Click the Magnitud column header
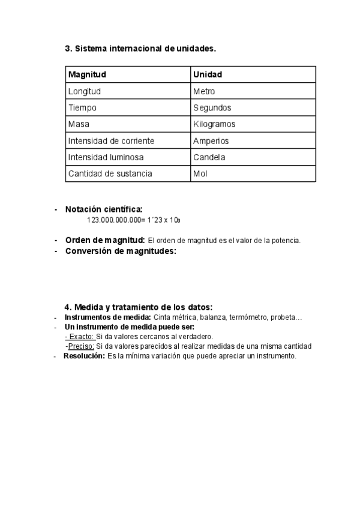tap(87, 75)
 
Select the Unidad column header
tap(208, 75)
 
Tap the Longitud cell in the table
tap(85, 91)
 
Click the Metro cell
tap(204, 91)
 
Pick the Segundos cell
tap(212, 108)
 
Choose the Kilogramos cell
tap(214, 124)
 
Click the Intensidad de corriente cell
tap(112, 141)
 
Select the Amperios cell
tap(211, 141)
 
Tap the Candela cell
tap(209, 157)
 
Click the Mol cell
tap(200, 173)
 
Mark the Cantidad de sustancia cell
tap(110, 173)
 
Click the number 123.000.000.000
tap(113, 220)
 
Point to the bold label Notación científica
tap(104, 209)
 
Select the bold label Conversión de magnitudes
tap(121, 251)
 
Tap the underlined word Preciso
tap(80, 346)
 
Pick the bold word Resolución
tap(84, 356)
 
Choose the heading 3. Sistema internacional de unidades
tap(140, 49)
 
